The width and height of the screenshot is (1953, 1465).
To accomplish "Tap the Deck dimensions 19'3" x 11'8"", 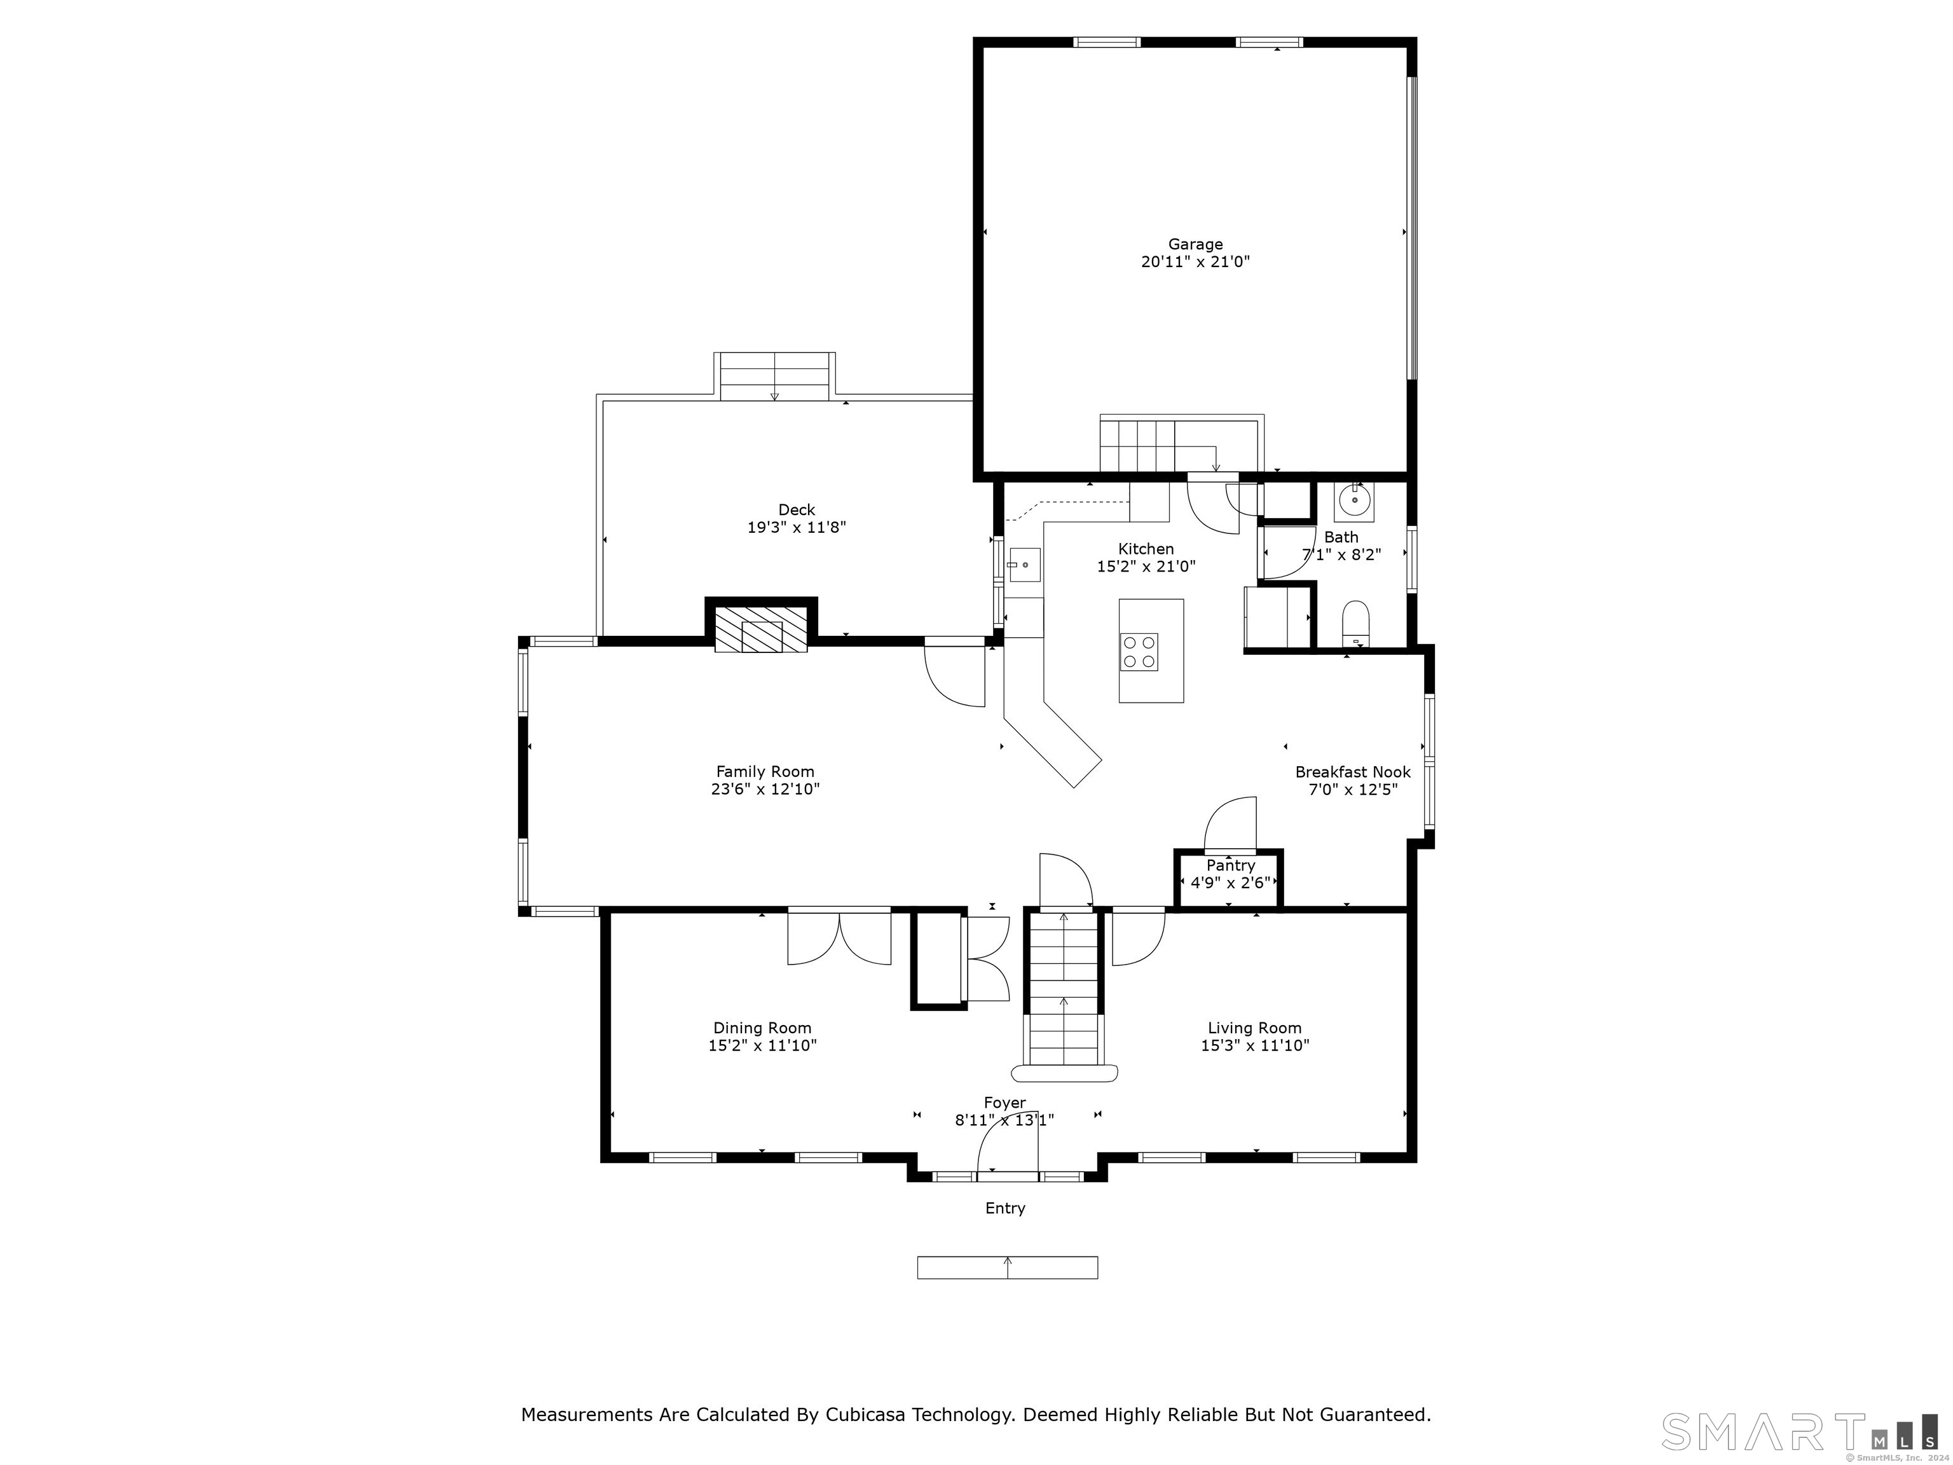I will pyautogui.click(x=797, y=527).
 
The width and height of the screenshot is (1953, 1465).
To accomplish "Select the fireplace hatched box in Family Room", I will pyautogui.click(x=761, y=629).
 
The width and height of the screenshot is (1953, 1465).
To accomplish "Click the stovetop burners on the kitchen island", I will pyautogui.click(x=1139, y=652).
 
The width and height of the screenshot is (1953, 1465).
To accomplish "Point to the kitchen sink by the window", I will pyautogui.click(x=1024, y=564).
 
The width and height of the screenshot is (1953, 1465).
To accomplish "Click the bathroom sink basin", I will pyautogui.click(x=1353, y=500).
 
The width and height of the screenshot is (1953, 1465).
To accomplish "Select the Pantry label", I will pyautogui.click(x=1230, y=865).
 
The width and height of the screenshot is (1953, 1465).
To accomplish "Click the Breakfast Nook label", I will pyautogui.click(x=1353, y=772).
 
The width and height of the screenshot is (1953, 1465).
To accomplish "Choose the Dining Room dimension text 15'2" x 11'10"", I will pyautogui.click(x=762, y=1045).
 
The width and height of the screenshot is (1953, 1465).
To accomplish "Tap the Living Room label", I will pyautogui.click(x=1254, y=1028).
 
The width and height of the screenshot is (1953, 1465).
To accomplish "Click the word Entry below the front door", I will pyautogui.click(x=1004, y=1208).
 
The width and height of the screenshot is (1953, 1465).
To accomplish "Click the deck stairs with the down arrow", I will pyautogui.click(x=774, y=377).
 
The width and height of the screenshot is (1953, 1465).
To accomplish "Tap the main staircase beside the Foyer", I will pyautogui.click(x=1064, y=989).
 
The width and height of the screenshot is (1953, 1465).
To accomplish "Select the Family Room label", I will pyautogui.click(x=765, y=772).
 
